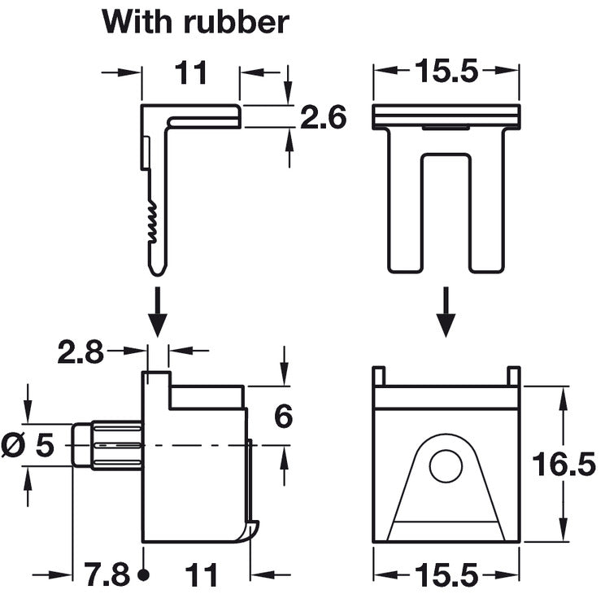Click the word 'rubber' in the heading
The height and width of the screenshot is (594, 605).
click(x=236, y=22)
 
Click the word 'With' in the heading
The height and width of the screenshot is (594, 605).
click(x=137, y=22)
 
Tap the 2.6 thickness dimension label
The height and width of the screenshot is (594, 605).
click(x=324, y=117)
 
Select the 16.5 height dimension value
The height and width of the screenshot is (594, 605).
click(x=564, y=464)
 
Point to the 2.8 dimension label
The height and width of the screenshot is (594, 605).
click(x=81, y=352)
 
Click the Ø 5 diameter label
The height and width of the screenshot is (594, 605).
click(x=28, y=445)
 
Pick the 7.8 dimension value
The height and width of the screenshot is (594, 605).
click(x=107, y=574)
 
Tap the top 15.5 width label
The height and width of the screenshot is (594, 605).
click(x=446, y=71)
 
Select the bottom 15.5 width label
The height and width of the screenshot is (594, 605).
click(x=446, y=574)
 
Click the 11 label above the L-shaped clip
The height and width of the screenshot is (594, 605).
click(x=191, y=72)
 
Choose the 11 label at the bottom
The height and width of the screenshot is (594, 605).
click(x=201, y=574)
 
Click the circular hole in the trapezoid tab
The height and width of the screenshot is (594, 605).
click(x=446, y=465)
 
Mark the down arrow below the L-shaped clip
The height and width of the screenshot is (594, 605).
click(x=158, y=312)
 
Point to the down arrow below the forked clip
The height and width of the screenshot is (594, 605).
click(x=446, y=312)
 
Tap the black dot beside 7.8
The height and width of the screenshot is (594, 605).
click(x=144, y=574)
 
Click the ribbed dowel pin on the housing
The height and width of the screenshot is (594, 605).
click(x=107, y=445)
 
